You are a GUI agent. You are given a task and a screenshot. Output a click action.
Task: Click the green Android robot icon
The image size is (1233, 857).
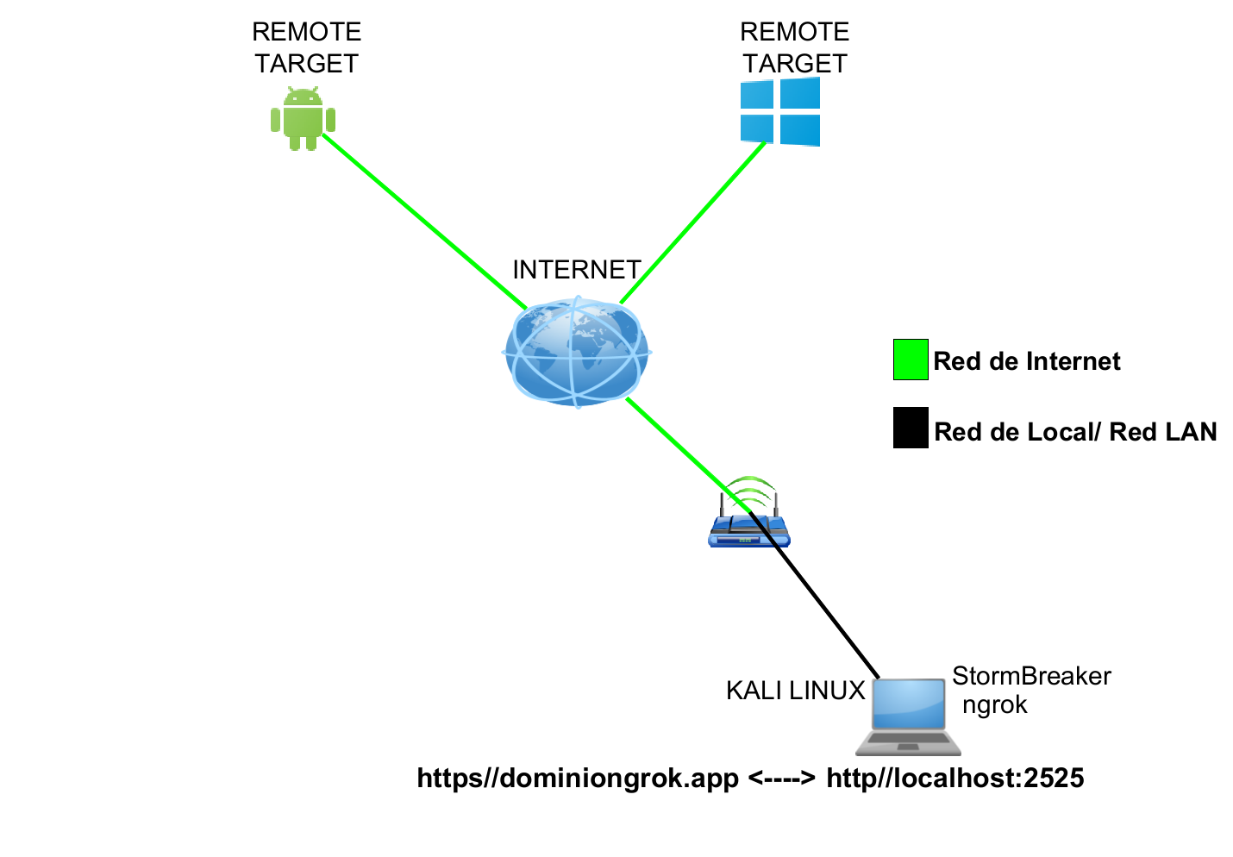pyautogui.click(x=303, y=119)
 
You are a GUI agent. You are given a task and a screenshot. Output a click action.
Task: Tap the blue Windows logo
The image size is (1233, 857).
pyautogui.click(x=780, y=111)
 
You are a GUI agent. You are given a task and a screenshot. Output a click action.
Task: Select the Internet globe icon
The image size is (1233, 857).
pyautogui.click(x=577, y=351)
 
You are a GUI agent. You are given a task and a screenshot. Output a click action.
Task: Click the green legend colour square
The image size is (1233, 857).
pyautogui.click(x=911, y=360)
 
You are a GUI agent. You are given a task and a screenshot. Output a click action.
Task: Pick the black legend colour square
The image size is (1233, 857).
pyautogui.click(x=911, y=428)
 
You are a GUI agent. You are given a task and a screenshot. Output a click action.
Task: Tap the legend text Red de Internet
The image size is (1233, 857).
pyautogui.click(x=1027, y=361)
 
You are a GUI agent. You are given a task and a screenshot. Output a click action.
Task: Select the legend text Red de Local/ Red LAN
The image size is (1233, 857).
pyautogui.click(x=1075, y=432)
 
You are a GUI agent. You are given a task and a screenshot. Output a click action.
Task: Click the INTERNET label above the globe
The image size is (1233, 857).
pyautogui.click(x=577, y=270)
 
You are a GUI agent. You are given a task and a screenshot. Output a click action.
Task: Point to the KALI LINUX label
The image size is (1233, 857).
pyautogui.click(x=795, y=691)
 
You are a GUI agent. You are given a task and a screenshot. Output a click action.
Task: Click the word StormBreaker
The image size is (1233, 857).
pyautogui.click(x=1031, y=676)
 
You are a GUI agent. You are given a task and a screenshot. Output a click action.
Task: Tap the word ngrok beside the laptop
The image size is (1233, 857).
pyautogui.click(x=995, y=704)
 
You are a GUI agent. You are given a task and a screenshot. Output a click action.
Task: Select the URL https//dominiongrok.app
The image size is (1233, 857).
pyautogui.click(x=578, y=779)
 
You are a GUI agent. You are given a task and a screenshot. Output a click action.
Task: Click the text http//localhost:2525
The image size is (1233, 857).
pyautogui.click(x=954, y=779)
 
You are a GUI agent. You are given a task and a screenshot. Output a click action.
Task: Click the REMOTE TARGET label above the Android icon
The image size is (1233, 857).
pyautogui.click(x=306, y=47)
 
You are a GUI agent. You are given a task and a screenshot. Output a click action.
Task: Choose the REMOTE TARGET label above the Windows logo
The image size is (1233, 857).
pyautogui.click(x=794, y=47)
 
